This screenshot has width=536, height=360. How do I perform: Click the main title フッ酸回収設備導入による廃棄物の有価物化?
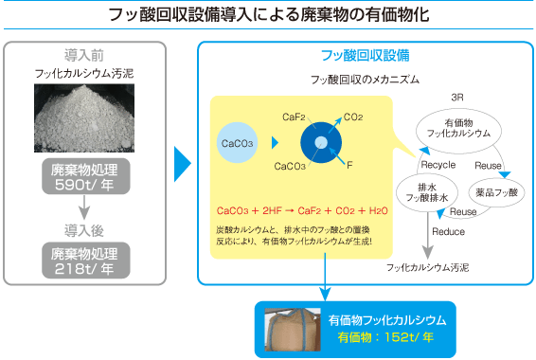[x=268, y=15]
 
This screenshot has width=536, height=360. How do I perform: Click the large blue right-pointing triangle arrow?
[x=182, y=162]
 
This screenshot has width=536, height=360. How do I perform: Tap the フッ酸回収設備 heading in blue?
[x=366, y=54]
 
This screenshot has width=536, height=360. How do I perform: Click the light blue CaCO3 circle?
[x=236, y=144]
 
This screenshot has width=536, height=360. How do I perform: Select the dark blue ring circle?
[x=321, y=143]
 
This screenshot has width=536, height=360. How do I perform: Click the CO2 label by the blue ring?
[x=353, y=117]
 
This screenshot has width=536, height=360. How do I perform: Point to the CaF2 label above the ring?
[x=294, y=117]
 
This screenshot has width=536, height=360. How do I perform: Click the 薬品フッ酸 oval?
[x=496, y=191]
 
